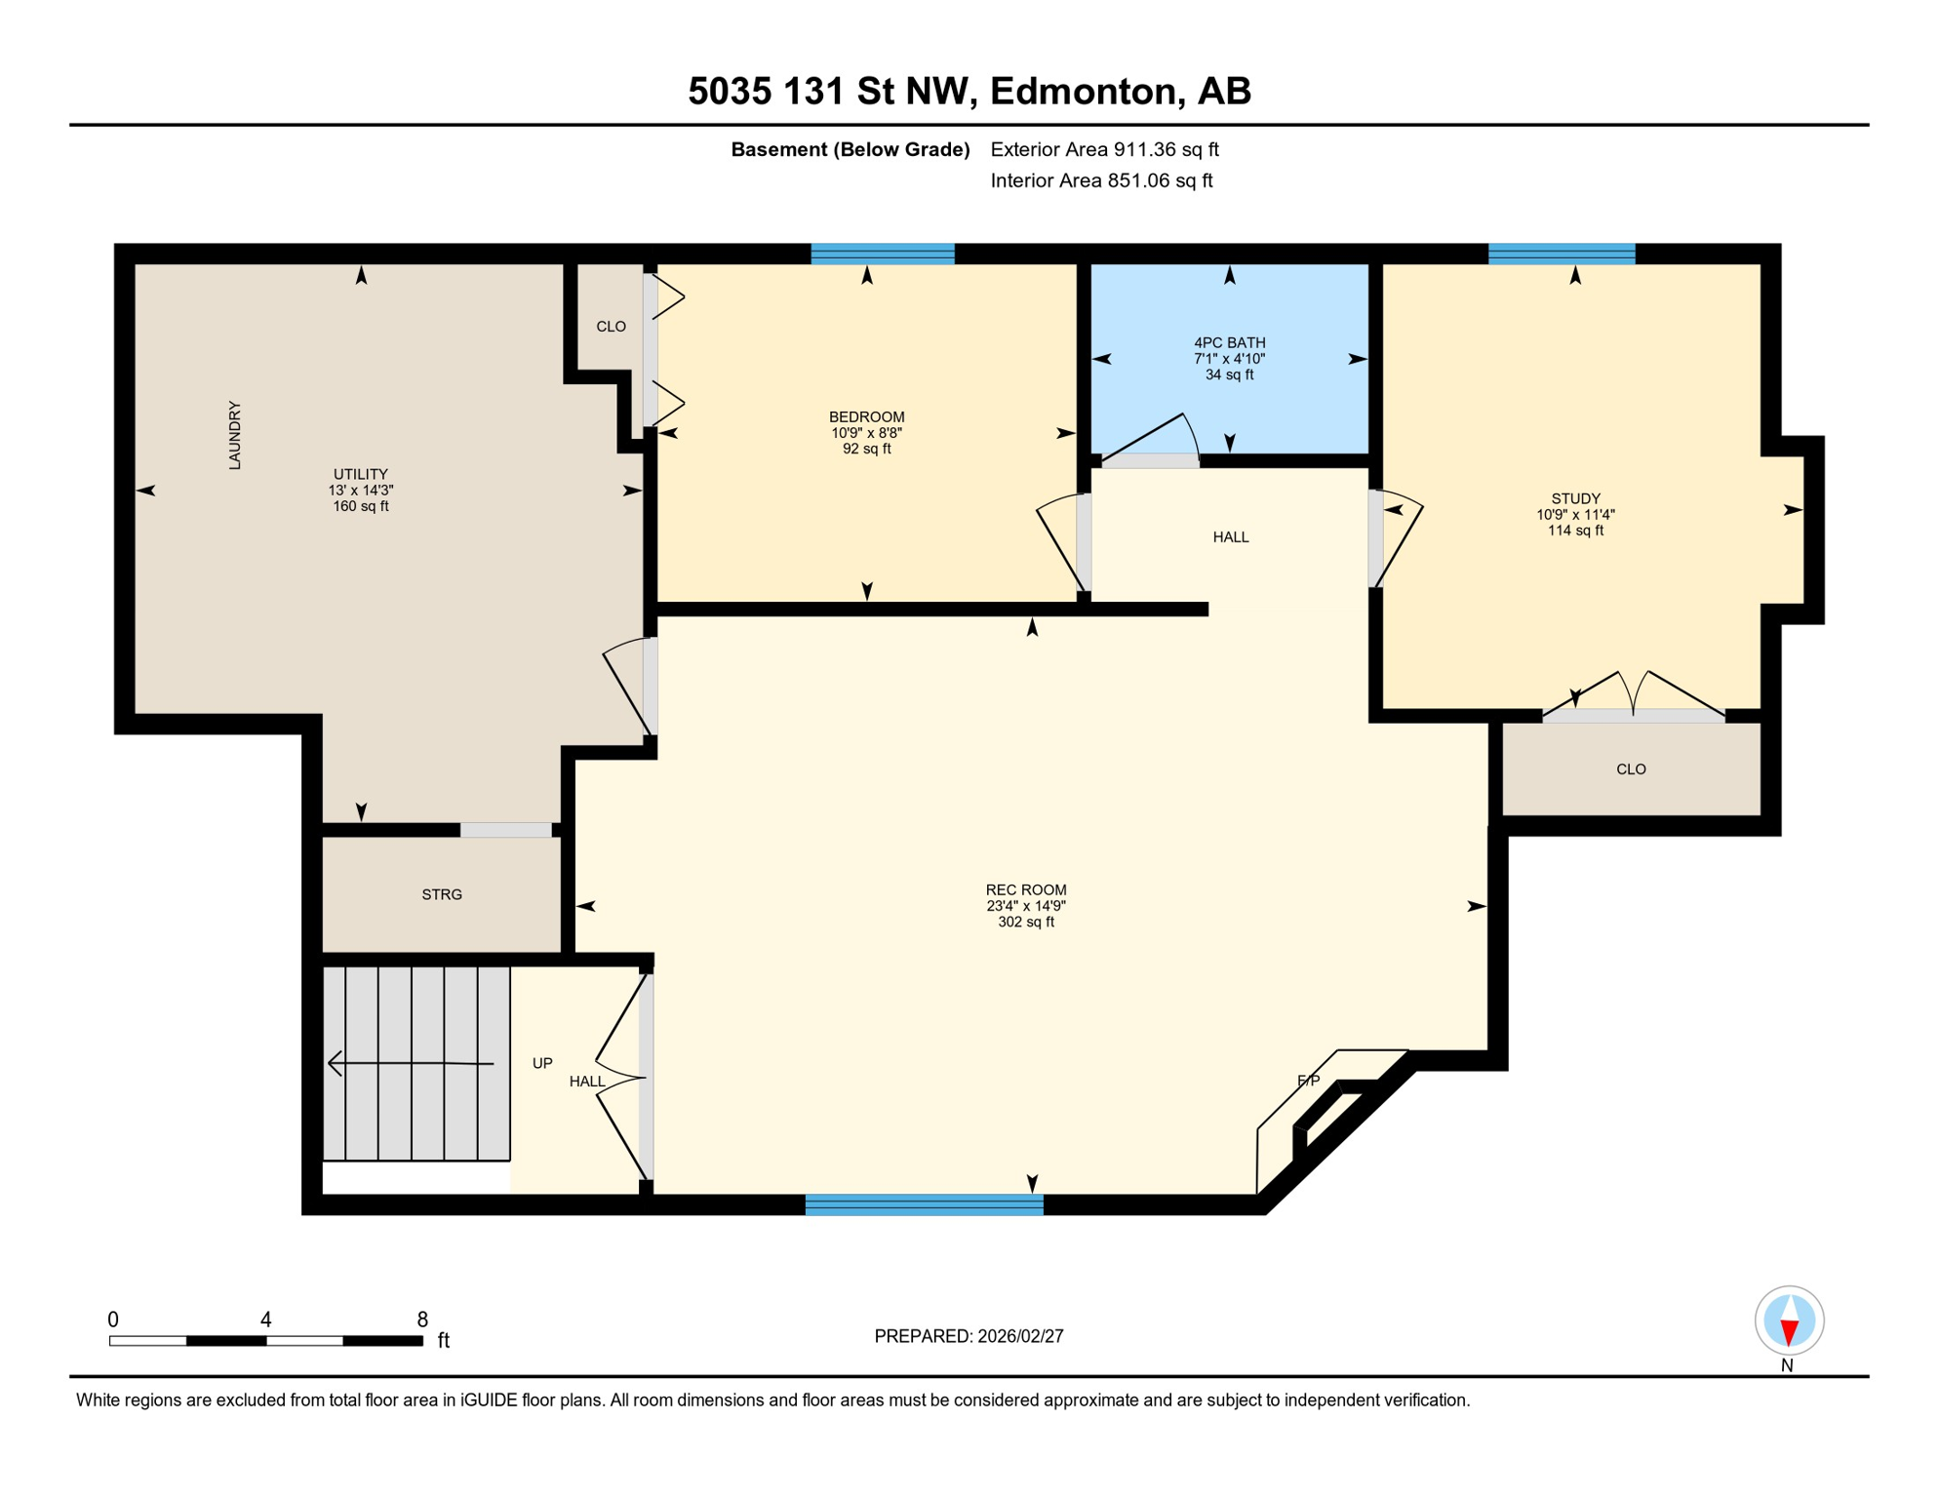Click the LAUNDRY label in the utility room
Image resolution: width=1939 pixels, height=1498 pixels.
tap(235, 435)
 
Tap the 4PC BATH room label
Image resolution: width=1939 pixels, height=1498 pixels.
tap(1229, 342)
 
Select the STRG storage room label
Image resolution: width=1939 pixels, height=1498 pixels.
tap(442, 894)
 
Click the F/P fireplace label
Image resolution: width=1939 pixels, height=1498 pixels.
tap(1308, 1081)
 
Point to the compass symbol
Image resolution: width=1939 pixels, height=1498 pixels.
tap(1788, 1321)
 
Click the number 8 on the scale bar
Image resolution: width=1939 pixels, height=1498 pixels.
tap(422, 1320)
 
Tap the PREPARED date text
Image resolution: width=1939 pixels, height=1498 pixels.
tap(969, 1336)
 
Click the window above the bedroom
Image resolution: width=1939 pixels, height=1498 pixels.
tap(882, 254)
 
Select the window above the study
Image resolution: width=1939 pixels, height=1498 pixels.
tap(1561, 254)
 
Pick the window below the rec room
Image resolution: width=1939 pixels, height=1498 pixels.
tap(924, 1204)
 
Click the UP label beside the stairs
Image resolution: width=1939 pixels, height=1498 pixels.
tap(542, 1063)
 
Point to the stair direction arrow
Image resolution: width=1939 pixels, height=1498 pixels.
tap(410, 1062)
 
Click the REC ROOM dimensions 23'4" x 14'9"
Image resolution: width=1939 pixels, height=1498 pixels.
tap(1025, 906)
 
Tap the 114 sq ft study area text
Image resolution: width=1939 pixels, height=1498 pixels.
tap(1574, 531)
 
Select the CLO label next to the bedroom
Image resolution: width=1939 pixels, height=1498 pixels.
tap(611, 327)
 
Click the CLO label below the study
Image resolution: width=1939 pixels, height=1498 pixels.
tap(1631, 769)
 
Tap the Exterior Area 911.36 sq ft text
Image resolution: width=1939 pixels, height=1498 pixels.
tap(1104, 149)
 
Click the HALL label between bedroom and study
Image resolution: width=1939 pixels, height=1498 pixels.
tap(1230, 537)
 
